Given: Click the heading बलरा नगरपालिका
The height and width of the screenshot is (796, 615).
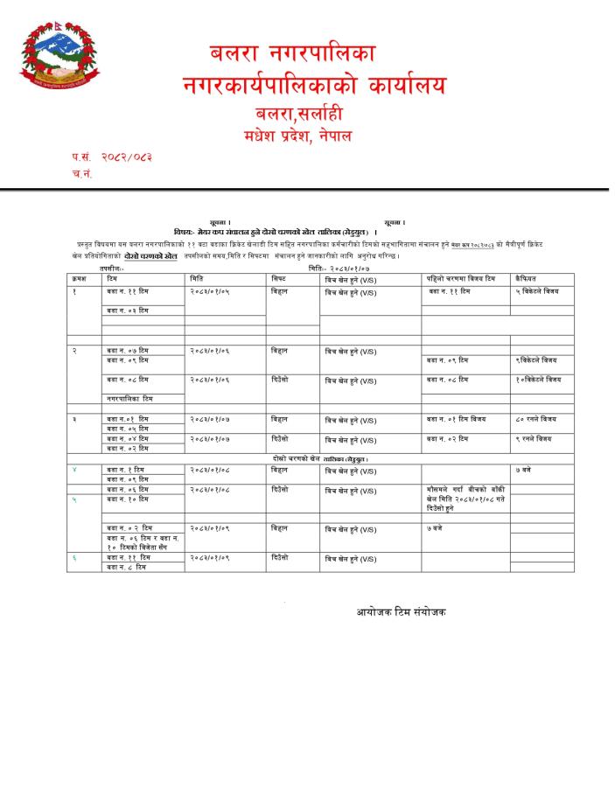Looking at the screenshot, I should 293,53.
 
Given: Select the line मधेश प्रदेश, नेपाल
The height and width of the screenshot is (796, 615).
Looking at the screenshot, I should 298,136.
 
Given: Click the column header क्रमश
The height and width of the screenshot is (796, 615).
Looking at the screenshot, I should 80,277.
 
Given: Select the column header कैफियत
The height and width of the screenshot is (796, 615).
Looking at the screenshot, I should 527,277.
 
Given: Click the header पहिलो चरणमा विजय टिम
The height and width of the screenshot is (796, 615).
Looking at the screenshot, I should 455,277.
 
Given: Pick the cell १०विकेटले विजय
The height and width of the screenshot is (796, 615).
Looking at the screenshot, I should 539,380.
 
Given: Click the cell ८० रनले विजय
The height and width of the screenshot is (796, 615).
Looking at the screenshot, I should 535,419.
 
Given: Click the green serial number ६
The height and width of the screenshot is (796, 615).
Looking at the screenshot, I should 74,557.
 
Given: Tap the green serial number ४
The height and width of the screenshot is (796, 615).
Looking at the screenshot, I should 74,470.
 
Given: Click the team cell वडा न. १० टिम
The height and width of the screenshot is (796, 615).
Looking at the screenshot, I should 128,499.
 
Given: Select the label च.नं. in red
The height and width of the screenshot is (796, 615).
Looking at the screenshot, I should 82,173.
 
